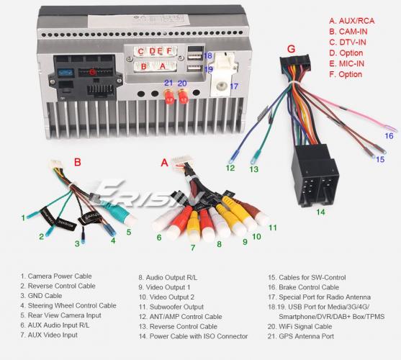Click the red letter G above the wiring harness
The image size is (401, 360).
pyautogui.click(x=291, y=49)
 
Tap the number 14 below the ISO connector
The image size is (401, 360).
pyautogui.click(x=320, y=212)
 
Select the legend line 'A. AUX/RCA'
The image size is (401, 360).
pyautogui.click(x=351, y=21)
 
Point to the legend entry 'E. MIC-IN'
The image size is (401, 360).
pyautogui.click(x=346, y=63)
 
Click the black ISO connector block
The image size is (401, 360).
pyautogui.click(x=315, y=176)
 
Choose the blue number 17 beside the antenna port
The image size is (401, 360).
pyautogui.click(x=234, y=86)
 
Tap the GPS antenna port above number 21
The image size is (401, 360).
pyautogui.click(x=168, y=96)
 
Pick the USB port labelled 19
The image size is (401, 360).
pyautogui.click(x=195, y=68)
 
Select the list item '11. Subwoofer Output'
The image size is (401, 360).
pyautogui.click(x=171, y=307)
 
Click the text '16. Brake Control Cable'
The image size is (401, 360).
pyautogui.click(x=303, y=287)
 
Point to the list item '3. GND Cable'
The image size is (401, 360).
pyautogui.click(x=41, y=296)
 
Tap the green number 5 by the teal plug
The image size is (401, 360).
pyautogui.click(x=129, y=232)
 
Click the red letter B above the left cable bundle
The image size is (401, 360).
pyautogui.click(x=77, y=162)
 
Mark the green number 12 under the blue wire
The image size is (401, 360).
pyautogui.click(x=230, y=168)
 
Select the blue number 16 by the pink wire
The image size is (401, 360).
pyautogui.click(x=389, y=136)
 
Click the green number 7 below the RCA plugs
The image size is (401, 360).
pyautogui.click(x=193, y=248)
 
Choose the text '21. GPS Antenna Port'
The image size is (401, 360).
pyautogui.click(x=301, y=336)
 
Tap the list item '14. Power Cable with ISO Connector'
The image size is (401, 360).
pyautogui.click(x=193, y=336)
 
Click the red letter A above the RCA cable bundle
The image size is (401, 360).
pyautogui.click(x=164, y=163)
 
